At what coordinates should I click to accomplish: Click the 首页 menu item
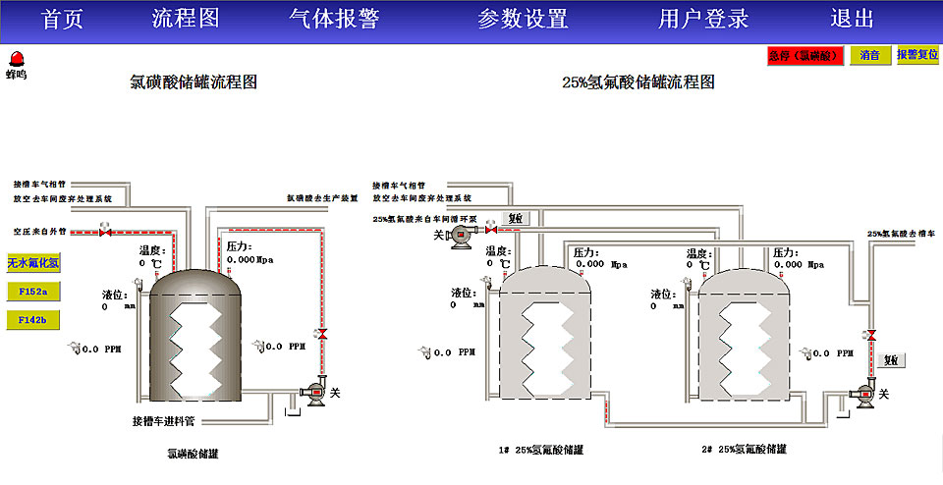[64, 19]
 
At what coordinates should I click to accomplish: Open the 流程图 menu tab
[186, 19]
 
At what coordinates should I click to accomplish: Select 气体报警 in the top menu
[334, 19]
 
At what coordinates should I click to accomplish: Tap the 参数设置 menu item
[523, 19]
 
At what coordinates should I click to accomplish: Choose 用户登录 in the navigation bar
[703, 19]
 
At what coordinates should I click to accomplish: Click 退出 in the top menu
[852, 19]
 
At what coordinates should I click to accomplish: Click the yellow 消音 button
[870, 56]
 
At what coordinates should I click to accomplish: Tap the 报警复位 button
[917, 56]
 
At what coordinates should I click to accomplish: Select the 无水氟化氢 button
[33, 263]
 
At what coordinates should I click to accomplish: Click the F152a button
[33, 292]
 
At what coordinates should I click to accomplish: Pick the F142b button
[33, 319]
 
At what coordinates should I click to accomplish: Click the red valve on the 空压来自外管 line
[106, 233]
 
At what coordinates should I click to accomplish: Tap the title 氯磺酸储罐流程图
[194, 83]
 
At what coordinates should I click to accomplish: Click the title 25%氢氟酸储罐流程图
[638, 83]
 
